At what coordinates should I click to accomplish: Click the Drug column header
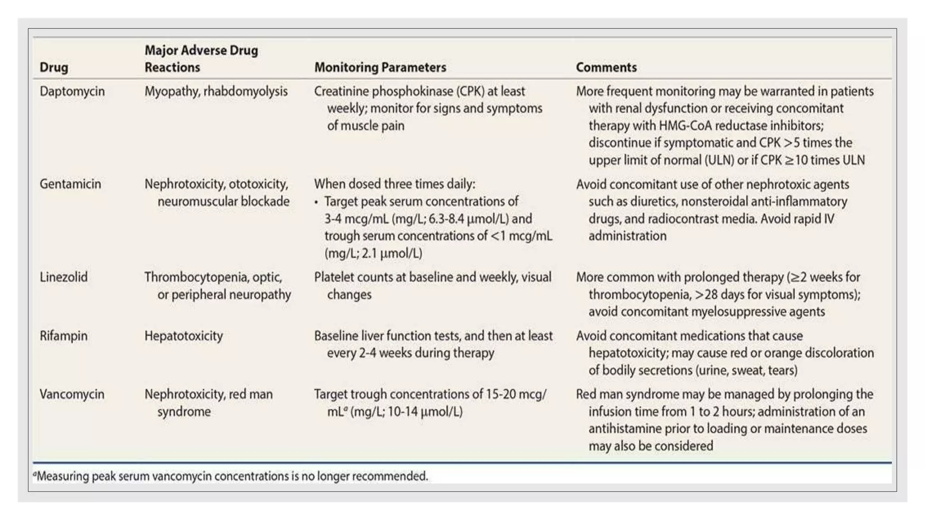tap(54, 67)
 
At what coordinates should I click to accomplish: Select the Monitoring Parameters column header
tap(380, 67)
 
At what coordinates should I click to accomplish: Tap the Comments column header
tap(606, 67)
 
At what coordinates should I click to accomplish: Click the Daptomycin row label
tap(72, 91)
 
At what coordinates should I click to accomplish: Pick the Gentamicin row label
tap(70, 184)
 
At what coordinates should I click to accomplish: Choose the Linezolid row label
tap(64, 277)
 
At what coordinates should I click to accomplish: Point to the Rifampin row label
tap(64, 336)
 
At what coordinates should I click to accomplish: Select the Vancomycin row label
tap(72, 394)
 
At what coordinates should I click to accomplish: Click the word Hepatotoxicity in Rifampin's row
tap(183, 336)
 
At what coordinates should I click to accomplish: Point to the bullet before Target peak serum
tap(316, 202)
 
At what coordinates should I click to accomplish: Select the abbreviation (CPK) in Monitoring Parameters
tap(470, 91)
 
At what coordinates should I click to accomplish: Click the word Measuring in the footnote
tap(63, 476)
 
